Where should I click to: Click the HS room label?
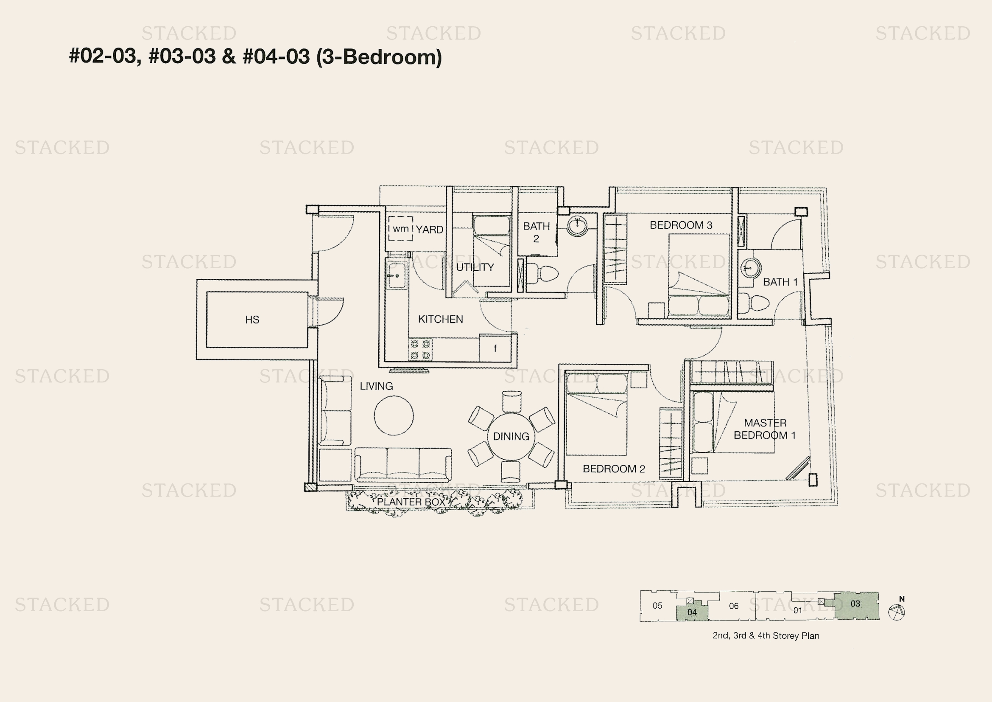pos(252,320)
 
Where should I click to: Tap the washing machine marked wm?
pos(400,229)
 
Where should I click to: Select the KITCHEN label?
pos(440,319)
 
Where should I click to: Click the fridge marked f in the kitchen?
pos(495,348)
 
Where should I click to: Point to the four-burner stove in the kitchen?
pos(420,350)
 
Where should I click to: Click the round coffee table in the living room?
pos(394,416)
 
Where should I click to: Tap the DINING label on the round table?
pos(511,437)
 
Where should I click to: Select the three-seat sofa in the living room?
pos(403,465)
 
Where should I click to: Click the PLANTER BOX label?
pos(411,502)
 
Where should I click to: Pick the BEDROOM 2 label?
pos(614,469)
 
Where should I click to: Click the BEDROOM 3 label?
pos(681,225)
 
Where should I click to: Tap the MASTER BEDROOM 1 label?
pos(765,429)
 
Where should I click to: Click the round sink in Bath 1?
pos(751,268)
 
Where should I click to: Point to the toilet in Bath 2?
pos(543,273)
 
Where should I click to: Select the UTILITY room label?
pos(475,267)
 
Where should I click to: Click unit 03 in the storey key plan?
pos(856,605)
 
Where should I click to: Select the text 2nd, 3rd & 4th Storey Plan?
pos(766,636)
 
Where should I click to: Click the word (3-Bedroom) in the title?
pos(379,57)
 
